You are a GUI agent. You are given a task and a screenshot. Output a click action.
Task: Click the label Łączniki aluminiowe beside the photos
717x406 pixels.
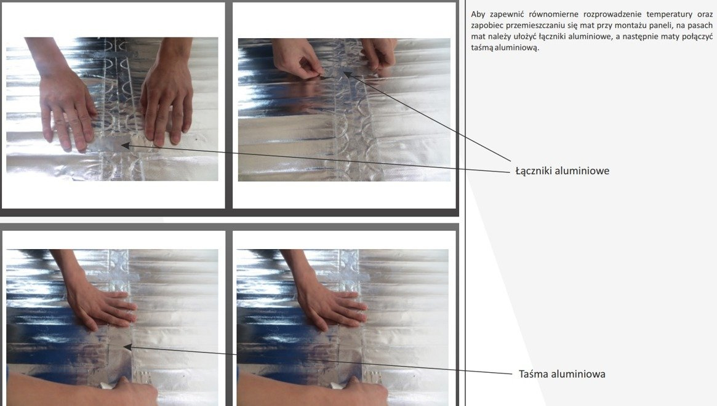pos(562,171)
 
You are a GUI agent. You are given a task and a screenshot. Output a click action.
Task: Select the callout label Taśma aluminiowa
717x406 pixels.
pos(562,374)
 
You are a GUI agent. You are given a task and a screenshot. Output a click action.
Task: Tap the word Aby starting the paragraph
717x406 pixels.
pos(478,15)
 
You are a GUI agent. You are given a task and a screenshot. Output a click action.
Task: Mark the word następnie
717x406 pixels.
pos(643,36)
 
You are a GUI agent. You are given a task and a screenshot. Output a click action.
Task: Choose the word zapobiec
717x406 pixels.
pos(486,26)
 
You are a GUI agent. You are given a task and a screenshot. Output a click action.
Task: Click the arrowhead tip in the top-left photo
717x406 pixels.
pos(121,145)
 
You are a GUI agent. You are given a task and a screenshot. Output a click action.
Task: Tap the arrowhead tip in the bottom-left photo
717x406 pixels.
pos(124,347)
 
